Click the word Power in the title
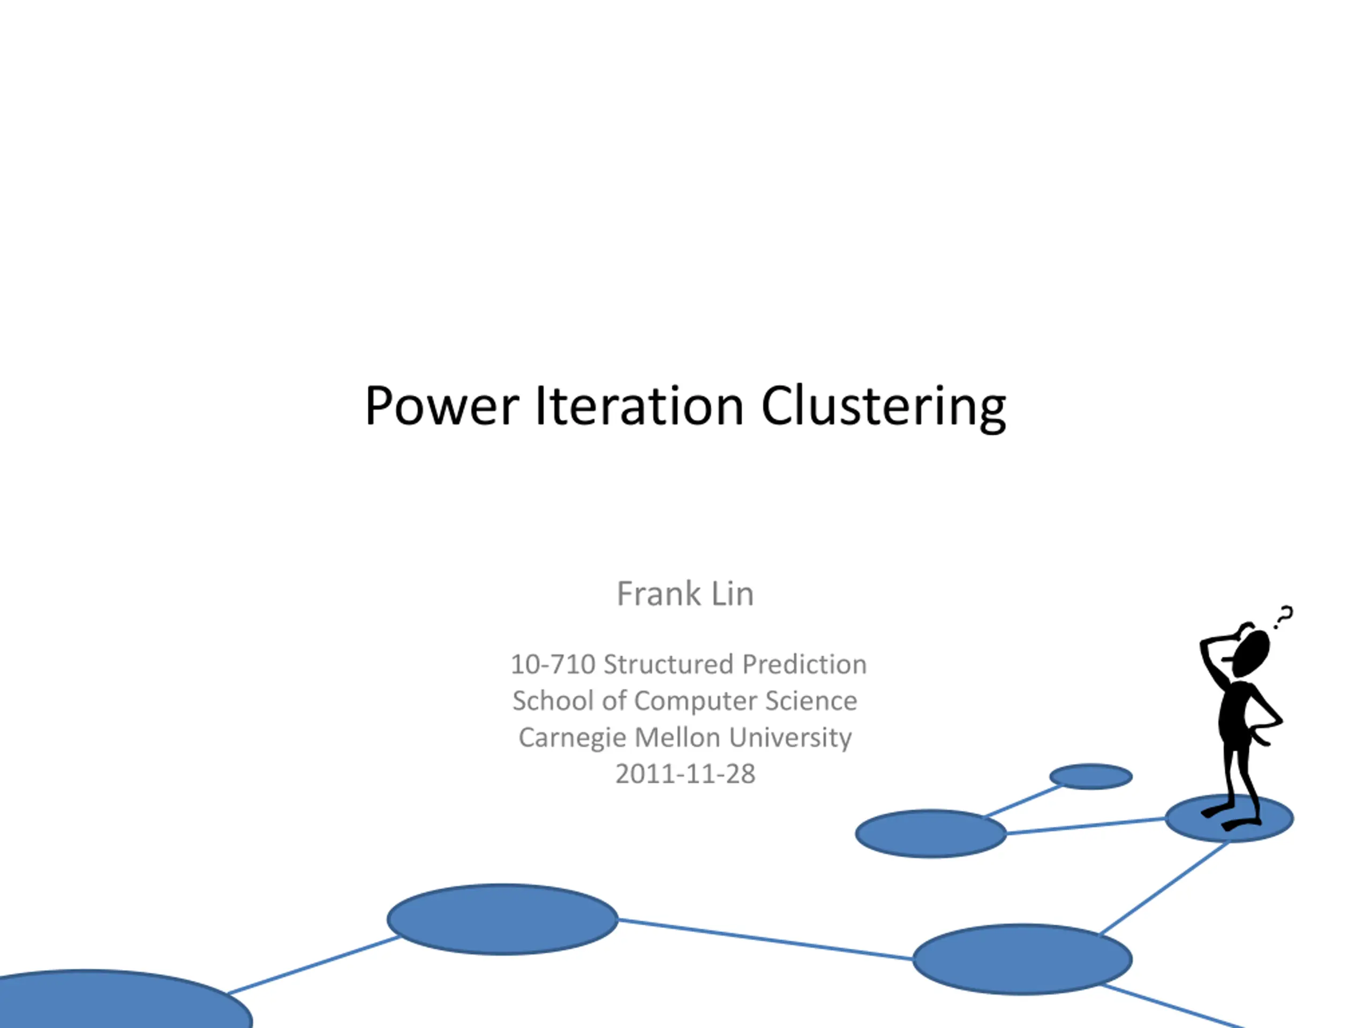coord(442,406)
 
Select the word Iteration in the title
coord(639,406)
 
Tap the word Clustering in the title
coord(883,408)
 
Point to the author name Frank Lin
coord(685,594)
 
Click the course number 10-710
coord(553,664)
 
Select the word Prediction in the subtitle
coord(804,664)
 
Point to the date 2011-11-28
coord(685,774)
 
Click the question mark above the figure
coord(1284,617)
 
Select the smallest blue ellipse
coord(1091,776)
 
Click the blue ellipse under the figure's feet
coord(1230,819)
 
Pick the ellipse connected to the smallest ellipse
coord(931,834)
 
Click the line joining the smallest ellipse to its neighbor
coord(1024,800)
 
